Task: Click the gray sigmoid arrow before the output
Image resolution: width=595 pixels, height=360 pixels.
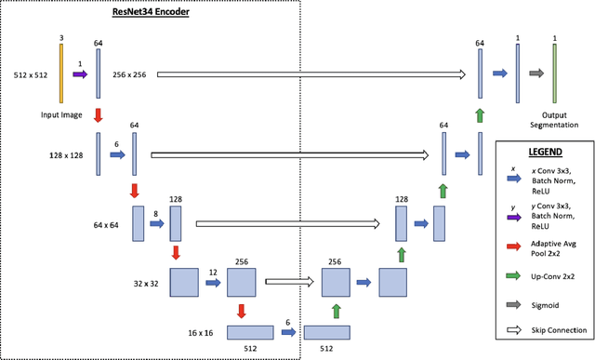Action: tap(535, 73)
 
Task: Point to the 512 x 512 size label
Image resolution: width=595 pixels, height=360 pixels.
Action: tap(32, 73)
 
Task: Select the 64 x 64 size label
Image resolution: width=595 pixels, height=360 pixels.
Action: tap(109, 224)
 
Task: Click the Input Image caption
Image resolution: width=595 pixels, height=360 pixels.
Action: tap(61, 114)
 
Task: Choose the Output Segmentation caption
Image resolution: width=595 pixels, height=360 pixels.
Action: tap(554, 120)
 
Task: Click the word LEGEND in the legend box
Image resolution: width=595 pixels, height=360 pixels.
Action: tap(544, 151)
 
